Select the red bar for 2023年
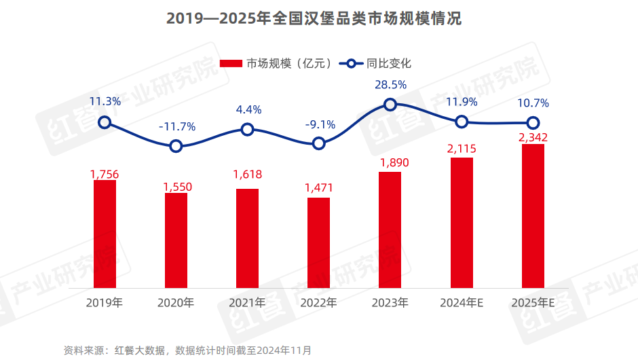pyautogui.click(x=390, y=230)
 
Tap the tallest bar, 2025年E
pyautogui.click(x=533, y=216)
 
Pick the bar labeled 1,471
pyautogui.click(x=318, y=243)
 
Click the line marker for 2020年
pyautogui.click(x=176, y=146)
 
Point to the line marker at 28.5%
pyautogui.click(x=390, y=104)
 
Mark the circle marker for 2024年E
pyautogui.click(x=462, y=122)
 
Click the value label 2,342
pyautogui.click(x=533, y=138)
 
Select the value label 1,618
pyautogui.click(x=247, y=175)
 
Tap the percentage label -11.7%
pyautogui.click(x=176, y=126)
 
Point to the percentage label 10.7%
pyautogui.click(x=532, y=103)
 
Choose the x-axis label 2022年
pyautogui.click(x=318, y=302)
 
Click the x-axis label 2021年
pyautogui.click(x=247, y=302)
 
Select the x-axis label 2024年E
pyautogui.click(x=462, y=302)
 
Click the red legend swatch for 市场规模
pyautogui.click(x=231, y=63)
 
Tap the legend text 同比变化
pyautogui.click(x=389, y=63)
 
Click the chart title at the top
pyautogui.click(x=319, y=19)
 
